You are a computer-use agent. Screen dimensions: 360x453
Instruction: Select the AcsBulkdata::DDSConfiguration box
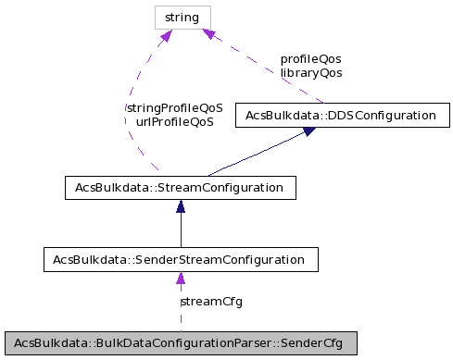pos(335,116)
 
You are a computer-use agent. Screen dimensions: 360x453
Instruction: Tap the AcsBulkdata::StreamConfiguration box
pos(181,188)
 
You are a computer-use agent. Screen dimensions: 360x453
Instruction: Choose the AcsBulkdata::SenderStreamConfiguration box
pos(181,259)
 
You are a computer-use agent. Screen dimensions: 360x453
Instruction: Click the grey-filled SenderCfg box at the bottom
pos(181,342)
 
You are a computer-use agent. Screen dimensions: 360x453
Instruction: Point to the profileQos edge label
pos(310,58)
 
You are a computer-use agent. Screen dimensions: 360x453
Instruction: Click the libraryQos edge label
pos(310,71)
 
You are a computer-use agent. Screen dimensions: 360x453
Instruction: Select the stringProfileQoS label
pos(174,107)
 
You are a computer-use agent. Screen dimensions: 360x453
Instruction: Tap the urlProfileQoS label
pos(174,121)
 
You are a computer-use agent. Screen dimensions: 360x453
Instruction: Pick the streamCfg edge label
pos(211,301)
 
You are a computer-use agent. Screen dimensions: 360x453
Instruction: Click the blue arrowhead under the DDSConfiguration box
pos(308,132)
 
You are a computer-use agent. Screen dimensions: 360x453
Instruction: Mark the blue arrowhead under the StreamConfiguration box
pos(181,207)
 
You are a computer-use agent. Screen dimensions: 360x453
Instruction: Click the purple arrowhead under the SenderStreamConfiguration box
pos(181,279)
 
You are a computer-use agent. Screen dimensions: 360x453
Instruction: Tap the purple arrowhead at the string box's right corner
pos(209,34)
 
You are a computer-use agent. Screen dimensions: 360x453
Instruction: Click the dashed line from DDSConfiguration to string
pos(269,70)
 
